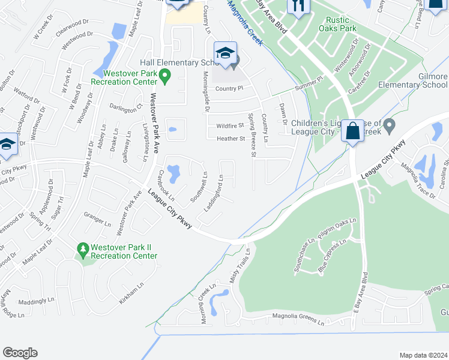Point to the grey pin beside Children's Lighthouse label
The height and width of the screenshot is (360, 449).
point(389,126)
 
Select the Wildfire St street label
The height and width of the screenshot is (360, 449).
point(231,126)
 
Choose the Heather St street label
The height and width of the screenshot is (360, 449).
point(231,139)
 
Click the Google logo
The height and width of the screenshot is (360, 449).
point(20,353)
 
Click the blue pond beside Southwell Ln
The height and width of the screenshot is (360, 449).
point(173,174)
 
